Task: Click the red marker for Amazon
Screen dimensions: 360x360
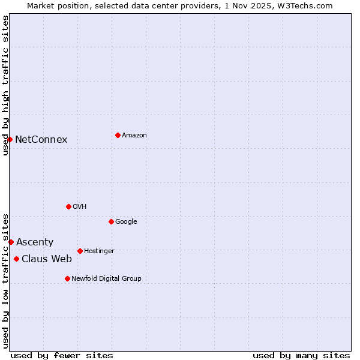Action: [x=118, y=135]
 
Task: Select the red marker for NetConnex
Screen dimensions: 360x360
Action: [x=10, y=139]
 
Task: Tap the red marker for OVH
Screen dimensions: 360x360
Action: [x=68, y=206]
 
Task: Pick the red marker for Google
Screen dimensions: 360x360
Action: [x=111, y=221]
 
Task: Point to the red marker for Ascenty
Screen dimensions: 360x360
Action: [x=11, y=242]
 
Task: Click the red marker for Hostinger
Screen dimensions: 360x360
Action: [x=80, y=251]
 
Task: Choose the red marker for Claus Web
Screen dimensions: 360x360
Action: [x=16, y=259]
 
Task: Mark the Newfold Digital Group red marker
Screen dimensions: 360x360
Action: [x=67, y=278]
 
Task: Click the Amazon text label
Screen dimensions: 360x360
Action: [x=134, y=136]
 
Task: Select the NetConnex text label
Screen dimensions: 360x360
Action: [x=41, y=140]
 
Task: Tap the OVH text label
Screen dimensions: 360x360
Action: [x=80, y=207]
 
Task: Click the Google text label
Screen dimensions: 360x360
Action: [x=126, y=222]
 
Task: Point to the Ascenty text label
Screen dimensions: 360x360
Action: [x=35, y=242]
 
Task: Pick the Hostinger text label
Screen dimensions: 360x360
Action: [x=99, y=251]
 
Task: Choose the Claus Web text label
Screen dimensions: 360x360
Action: [x=47, y=259]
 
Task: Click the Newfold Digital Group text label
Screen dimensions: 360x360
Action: [x=106, y=279]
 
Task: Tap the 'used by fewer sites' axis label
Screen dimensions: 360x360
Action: [x=62, y=356]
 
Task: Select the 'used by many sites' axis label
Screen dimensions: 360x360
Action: [x=301, y=356]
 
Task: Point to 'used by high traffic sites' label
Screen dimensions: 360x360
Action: [x=5, y=85]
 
